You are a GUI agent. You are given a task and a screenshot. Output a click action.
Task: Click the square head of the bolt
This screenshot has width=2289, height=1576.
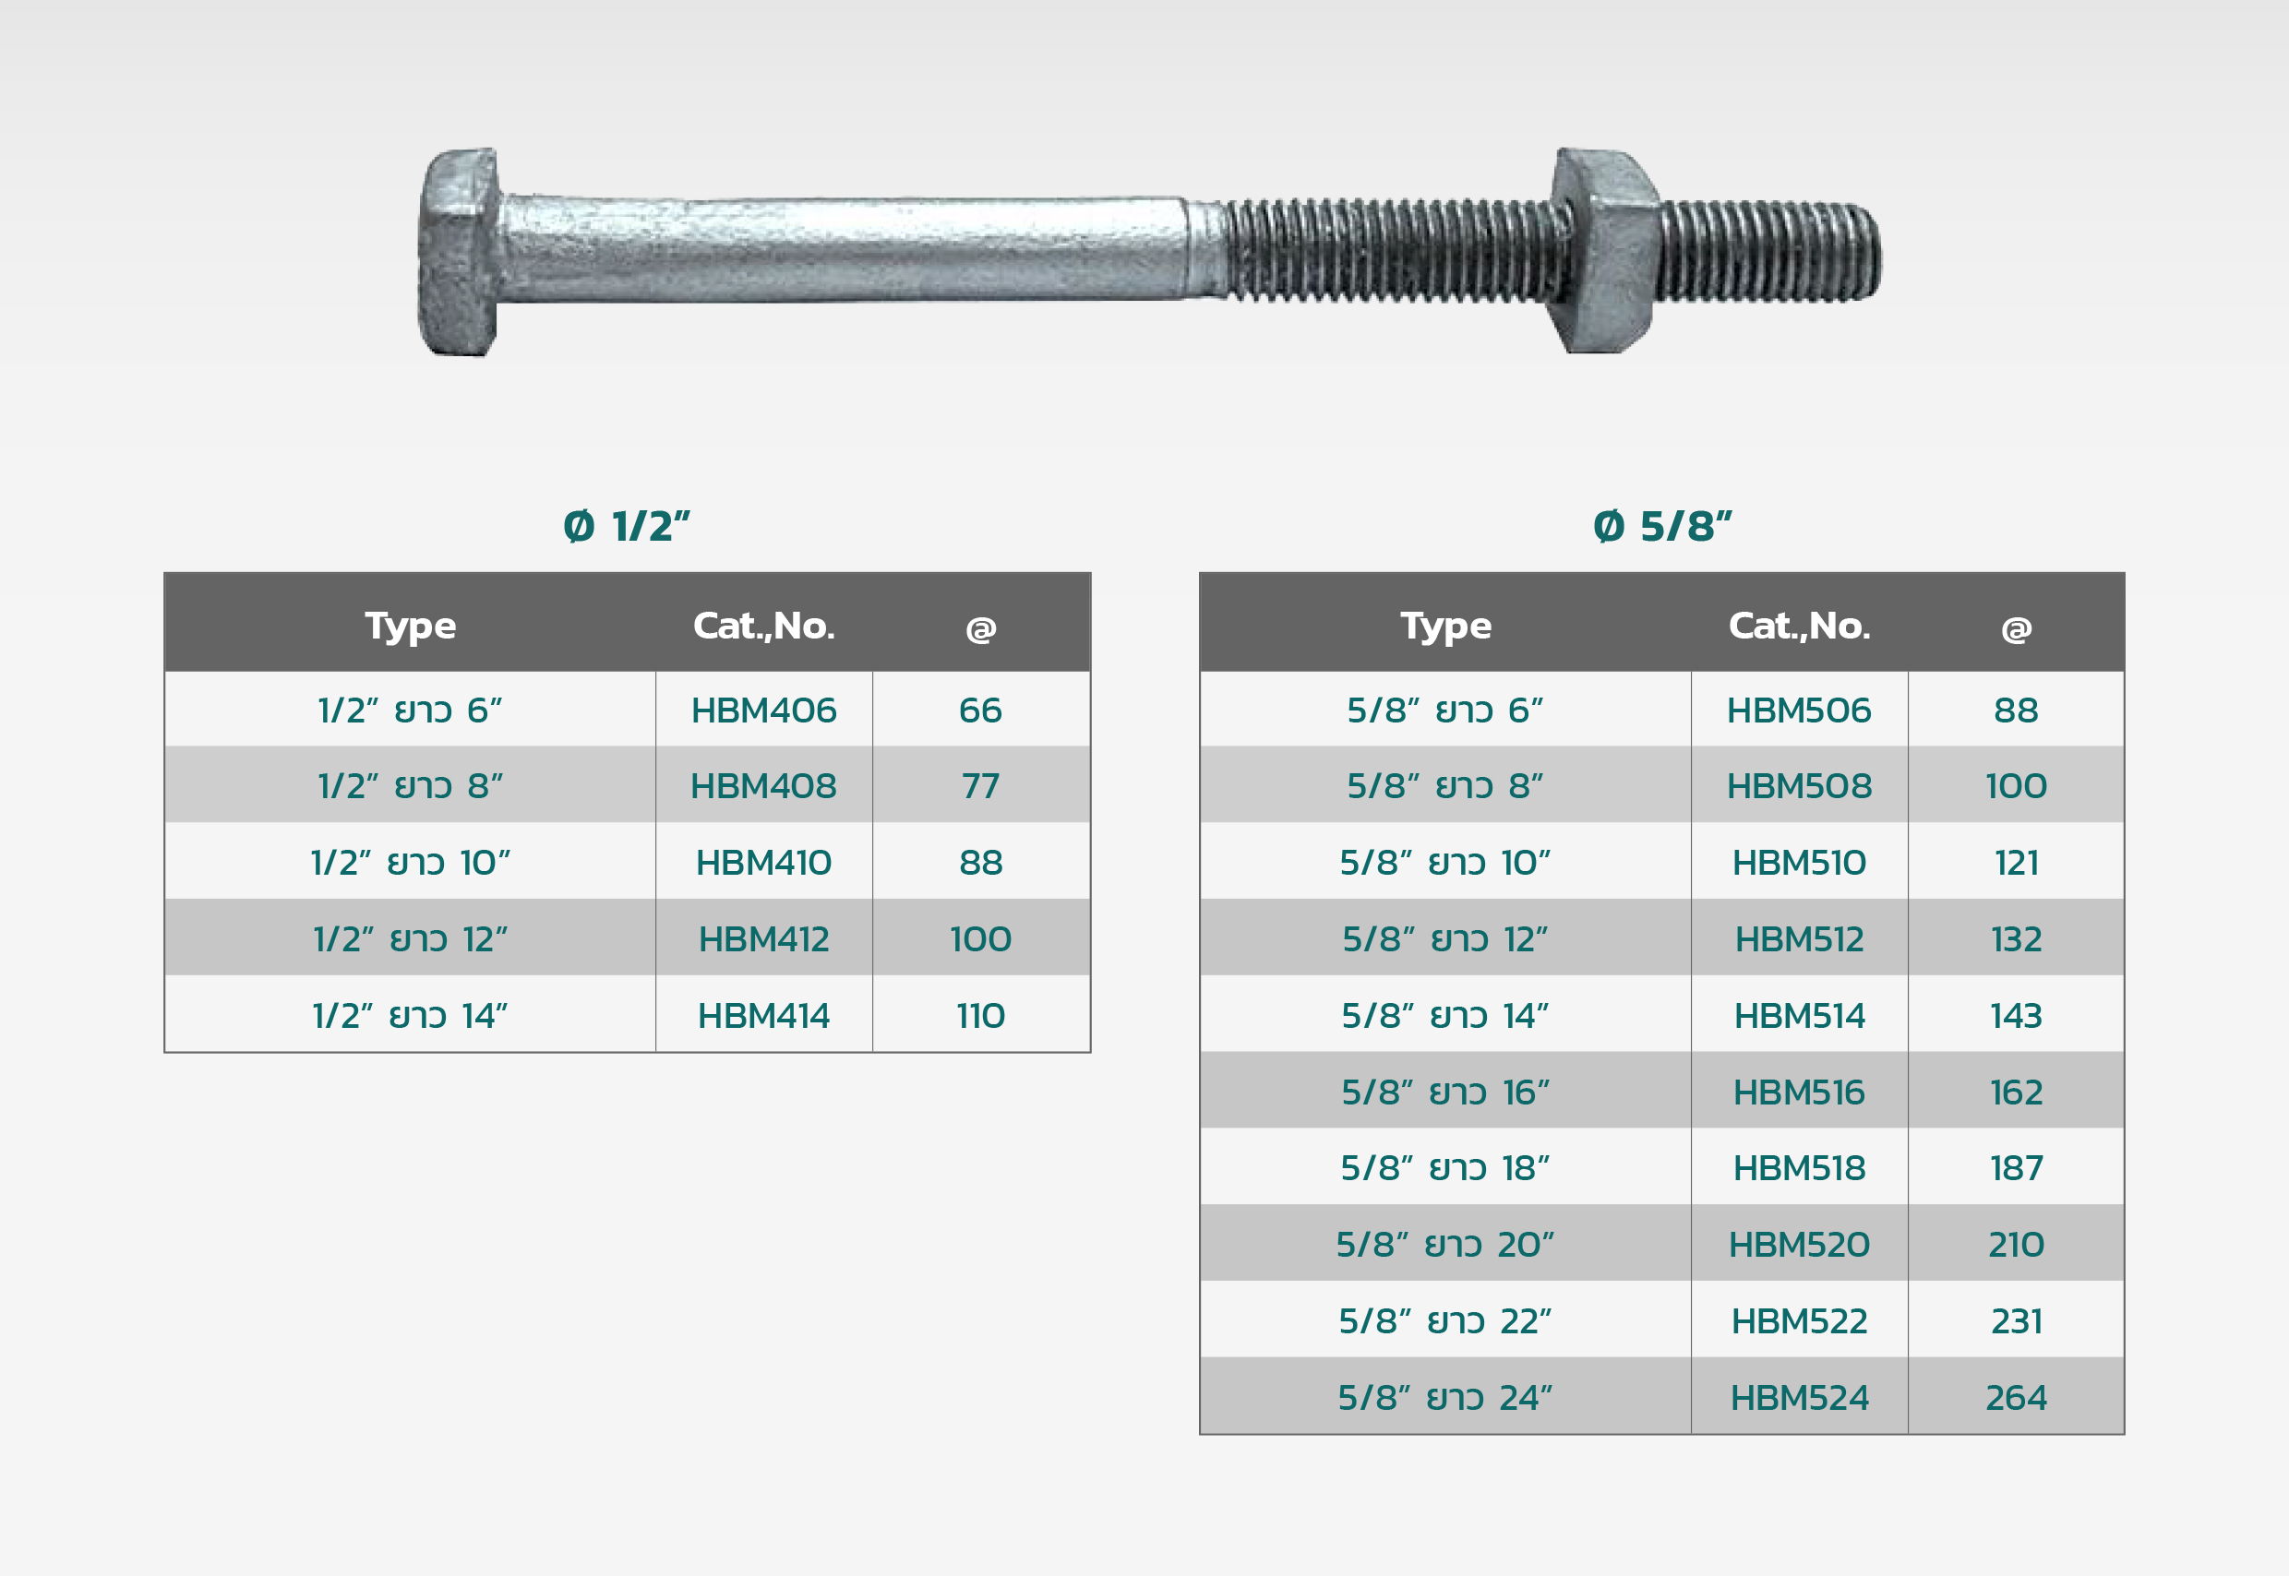[x=458, y=252]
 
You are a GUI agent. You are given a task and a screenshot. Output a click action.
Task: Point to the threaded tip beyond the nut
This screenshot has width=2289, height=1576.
[x=1770, y=251]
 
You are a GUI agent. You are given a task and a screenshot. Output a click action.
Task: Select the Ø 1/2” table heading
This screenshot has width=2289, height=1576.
[x=627, y=526]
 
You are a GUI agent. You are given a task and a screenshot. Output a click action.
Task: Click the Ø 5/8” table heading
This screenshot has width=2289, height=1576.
[x=1663, y=526]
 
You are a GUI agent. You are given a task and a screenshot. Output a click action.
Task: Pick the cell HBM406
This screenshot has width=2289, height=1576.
[x=763, y=710]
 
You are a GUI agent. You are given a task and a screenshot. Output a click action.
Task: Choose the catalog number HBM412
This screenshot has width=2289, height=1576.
[x=763, y=939]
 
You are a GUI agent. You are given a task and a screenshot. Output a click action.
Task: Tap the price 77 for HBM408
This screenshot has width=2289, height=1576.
[x=980, y=786]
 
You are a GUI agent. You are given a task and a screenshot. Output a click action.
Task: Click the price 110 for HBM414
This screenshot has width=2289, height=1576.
[x=980, y=1015]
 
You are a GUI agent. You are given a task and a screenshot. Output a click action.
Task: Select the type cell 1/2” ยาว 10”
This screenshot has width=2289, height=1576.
[x=410, y=862]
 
